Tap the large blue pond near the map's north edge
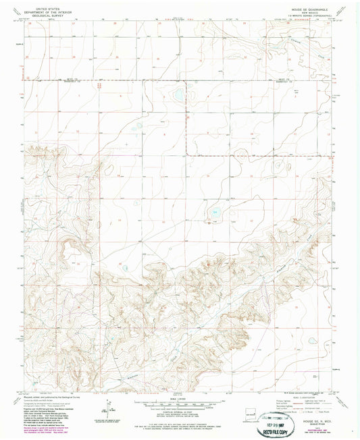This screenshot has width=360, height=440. [x=178, y=96]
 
